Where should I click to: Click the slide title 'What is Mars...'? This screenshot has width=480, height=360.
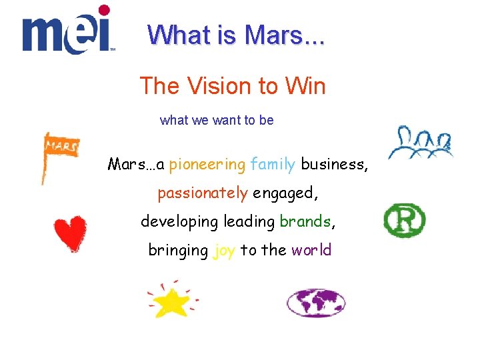coord(236,34)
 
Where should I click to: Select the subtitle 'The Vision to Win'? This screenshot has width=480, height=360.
coord(232,86)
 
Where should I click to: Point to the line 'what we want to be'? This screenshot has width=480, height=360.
coord(217,121)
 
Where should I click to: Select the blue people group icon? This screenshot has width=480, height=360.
coord(421,142)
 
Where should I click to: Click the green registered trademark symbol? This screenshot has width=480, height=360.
coord(404,221)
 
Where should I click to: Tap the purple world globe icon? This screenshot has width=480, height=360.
coord(316,303)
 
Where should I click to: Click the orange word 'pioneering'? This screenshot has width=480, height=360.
coord(207,165)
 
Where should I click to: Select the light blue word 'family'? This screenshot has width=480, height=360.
coord(273,165)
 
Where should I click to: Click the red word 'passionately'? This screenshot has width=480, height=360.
coord(203,193)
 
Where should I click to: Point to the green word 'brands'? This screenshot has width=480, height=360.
coord(305,221)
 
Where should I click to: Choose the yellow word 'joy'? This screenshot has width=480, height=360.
coord(224,251)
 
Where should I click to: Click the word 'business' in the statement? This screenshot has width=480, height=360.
coord(334,165)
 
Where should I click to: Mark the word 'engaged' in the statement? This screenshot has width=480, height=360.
coord(285,193)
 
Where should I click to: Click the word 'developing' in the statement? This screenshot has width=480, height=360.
coord(179,221)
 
